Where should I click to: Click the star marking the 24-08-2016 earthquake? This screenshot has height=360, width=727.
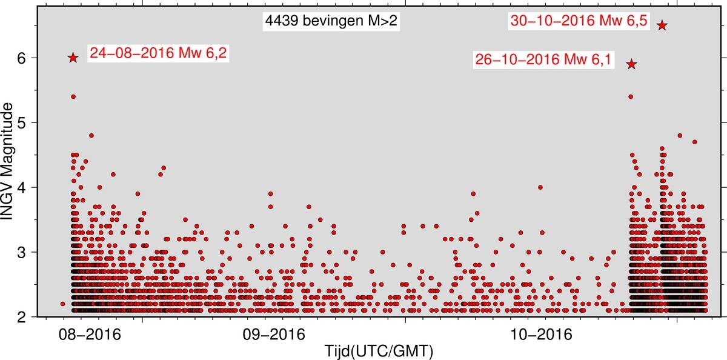73,58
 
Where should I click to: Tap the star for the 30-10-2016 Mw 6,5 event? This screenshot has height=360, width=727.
662,25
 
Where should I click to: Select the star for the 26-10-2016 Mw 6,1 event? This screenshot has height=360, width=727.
631,64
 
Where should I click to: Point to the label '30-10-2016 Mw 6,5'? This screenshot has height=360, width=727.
580,21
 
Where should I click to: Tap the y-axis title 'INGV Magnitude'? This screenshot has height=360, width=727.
9,161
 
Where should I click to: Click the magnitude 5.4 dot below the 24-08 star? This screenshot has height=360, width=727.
73,96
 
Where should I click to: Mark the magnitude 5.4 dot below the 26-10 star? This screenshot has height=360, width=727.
631,96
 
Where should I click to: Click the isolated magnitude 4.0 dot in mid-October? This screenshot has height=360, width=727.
540,187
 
